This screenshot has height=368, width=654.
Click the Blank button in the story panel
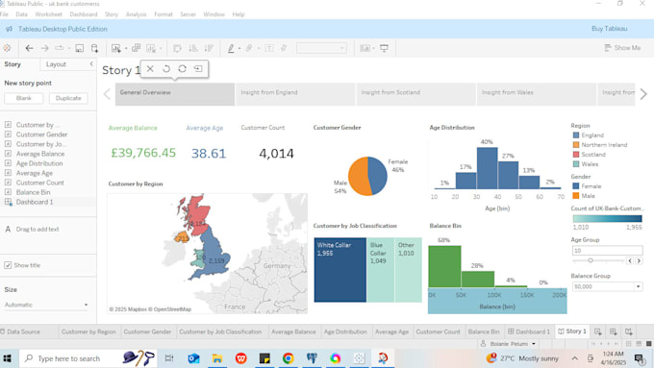(24, 98)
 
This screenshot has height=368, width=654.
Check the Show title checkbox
(9, 265)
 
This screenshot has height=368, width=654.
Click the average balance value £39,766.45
(143, 153)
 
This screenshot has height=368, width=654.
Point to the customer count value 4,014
(276, 153)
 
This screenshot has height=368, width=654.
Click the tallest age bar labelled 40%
(487, 167)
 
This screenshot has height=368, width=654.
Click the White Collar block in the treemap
(340, 270)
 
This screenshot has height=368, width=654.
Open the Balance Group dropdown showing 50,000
(607, 286)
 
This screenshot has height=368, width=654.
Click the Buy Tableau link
(610, 29)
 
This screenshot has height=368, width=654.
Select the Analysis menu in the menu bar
(136, 14)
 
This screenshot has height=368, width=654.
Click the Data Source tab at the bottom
(24, 331)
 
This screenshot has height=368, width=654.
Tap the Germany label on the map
(277, 265)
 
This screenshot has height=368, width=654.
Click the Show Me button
(622, 48)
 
